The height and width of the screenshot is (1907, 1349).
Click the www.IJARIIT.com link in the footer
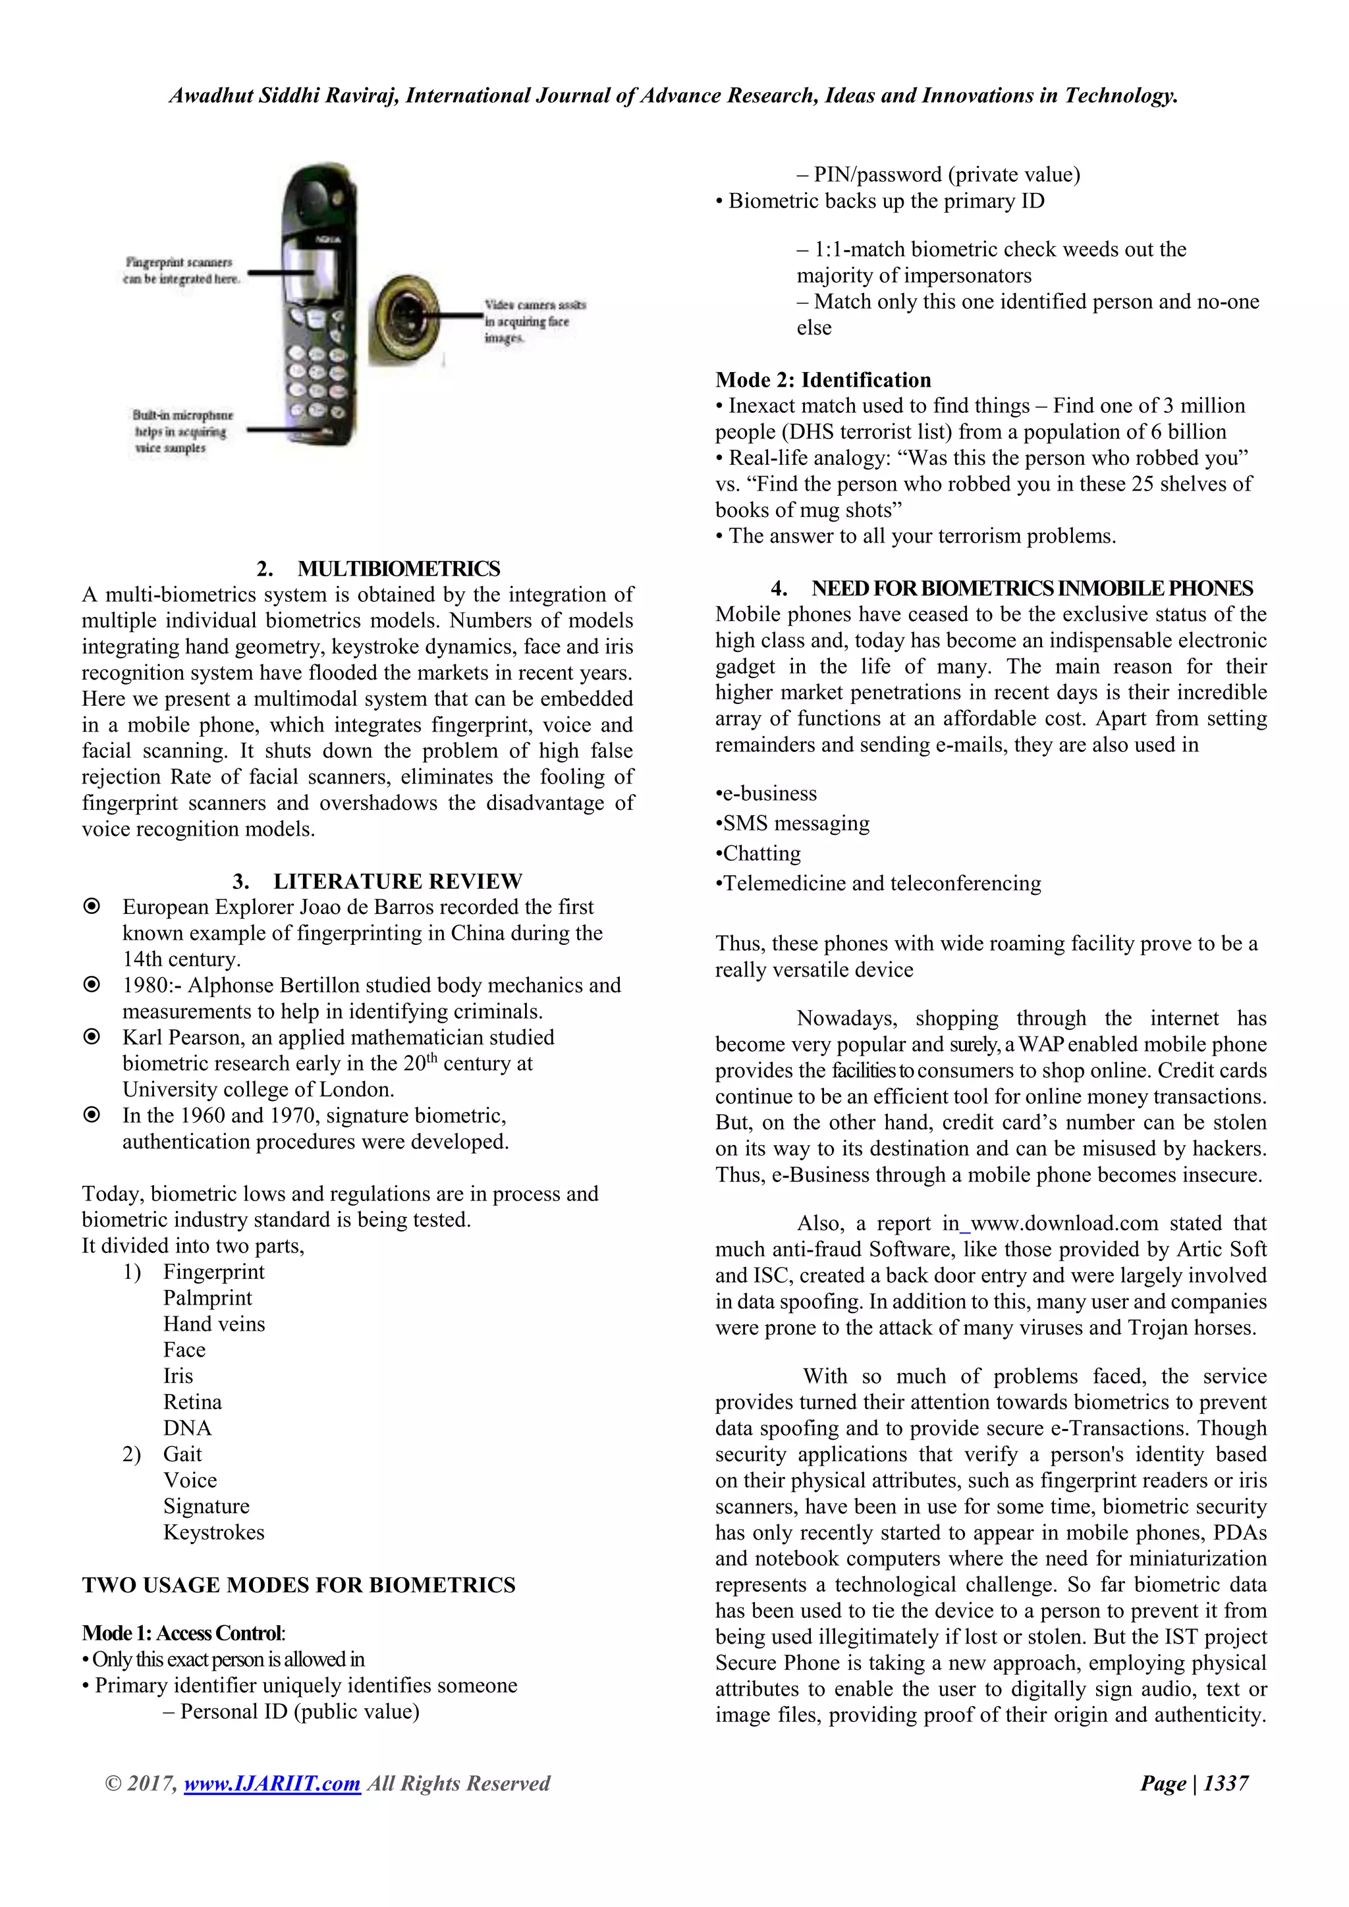tap(271, 1783)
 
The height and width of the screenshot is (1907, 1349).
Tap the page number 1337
tap(1225, 1783)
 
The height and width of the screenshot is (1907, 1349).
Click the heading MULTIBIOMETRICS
tap(398, 569)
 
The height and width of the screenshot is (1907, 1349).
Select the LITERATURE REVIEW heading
tap(397, 881)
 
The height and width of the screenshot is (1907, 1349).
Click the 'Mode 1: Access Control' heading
tap(182, 1633)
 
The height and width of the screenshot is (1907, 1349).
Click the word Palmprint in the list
tap(207, 1298)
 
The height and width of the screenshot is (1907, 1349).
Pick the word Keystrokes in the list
tap(213, 1532)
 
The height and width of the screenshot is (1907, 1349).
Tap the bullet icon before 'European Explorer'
tap(92, 906)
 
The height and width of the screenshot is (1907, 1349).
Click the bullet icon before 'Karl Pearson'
tap(92, 1036)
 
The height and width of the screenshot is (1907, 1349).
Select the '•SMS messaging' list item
tap(792, 823)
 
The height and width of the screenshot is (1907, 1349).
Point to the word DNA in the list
tap(187, 1428)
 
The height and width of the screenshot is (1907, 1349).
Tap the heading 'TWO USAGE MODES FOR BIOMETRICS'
tap(298, 1585)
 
